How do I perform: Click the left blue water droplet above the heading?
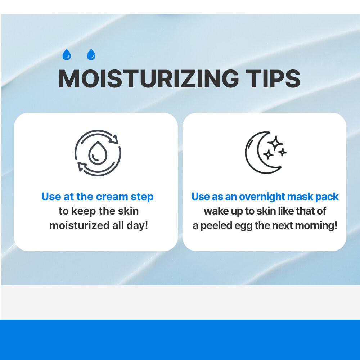tap(67, 55)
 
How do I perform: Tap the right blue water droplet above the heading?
tap(91, 55)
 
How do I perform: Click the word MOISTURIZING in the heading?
tap(149, 78)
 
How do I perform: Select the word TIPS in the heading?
tap(273, 78)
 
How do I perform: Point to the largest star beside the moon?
tap(275, 143)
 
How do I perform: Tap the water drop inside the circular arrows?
tap(98, 153)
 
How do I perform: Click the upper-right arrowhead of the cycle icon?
tap(114, 139)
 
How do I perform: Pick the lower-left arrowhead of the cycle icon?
tap(82, 166)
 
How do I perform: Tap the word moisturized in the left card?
tap(80, 225)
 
